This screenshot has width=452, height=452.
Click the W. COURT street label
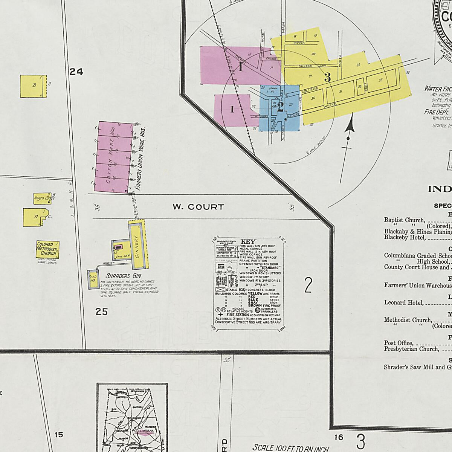tap(198, 207)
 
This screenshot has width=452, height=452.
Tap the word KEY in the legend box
tap(248, 241)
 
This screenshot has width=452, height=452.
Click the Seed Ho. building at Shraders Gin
tap(92, 279)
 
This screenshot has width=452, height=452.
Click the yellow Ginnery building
tap(137, 245)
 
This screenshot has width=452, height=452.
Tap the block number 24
tap(76, 72)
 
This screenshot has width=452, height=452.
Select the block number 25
tap(102, 312)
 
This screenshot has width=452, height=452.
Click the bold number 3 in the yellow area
tap(327, 77)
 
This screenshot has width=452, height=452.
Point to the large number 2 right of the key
tap(308, 285)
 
